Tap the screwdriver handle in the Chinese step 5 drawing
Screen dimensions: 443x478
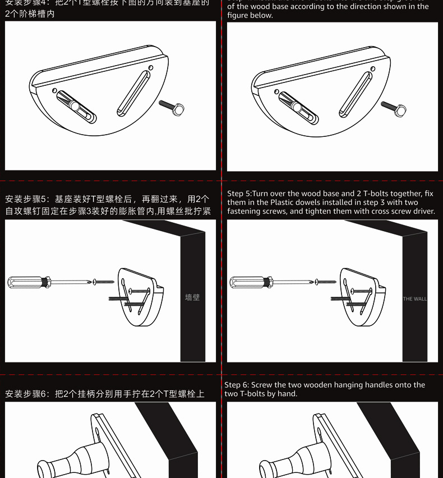(x=25, y=281)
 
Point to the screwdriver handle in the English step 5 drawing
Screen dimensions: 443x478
(x=247, y=281)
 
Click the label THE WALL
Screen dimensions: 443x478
(x=414, y=299)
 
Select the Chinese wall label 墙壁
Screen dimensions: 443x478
(x=192, y=298)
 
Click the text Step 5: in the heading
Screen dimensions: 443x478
(x=240, y=194)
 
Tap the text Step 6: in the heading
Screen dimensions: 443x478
(x=237, y=385)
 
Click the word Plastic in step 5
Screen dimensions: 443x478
(x=284, y=203)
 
